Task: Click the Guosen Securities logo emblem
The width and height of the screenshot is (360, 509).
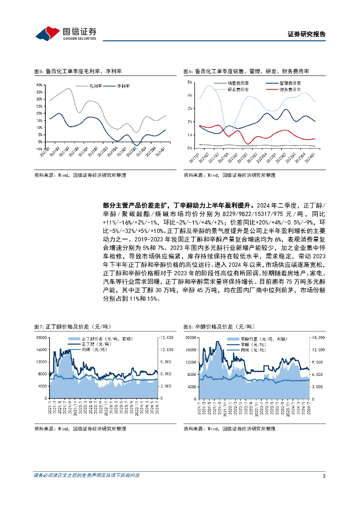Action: pyautogui.click(x=46, y=33)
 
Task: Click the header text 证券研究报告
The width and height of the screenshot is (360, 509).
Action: pyautogui.click(x=307, y=34)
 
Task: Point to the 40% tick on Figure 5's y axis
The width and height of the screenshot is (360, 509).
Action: pyautogui.click(x=40, y=85)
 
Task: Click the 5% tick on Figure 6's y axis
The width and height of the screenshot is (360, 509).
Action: pyautogui.click(x=189, y=81)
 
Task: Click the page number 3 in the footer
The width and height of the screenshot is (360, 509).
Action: pyautogui.click(x=324, y=476)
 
